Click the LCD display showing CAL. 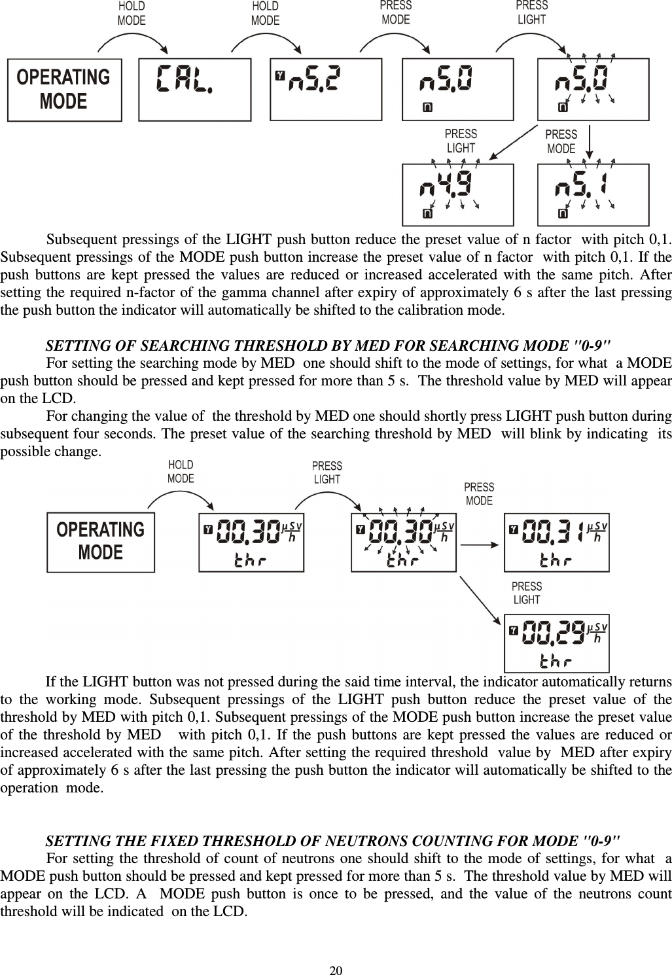tap(194, 89)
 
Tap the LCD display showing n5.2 tap(325, 89)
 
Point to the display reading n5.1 tap(593, 194)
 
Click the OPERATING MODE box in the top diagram tap(64, 90)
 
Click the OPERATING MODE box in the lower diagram tap(101, 542)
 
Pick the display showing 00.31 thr tap(556, 542)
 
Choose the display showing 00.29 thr tap(556, 643)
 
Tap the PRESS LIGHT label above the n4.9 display tap(461, 141)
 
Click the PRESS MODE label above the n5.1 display tap(561, 141)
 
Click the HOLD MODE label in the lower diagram tap(181, 471)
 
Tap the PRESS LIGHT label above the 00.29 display tap(526, 593)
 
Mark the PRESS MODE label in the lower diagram tap(479, 494)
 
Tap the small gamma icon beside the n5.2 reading tap(281, 75)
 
